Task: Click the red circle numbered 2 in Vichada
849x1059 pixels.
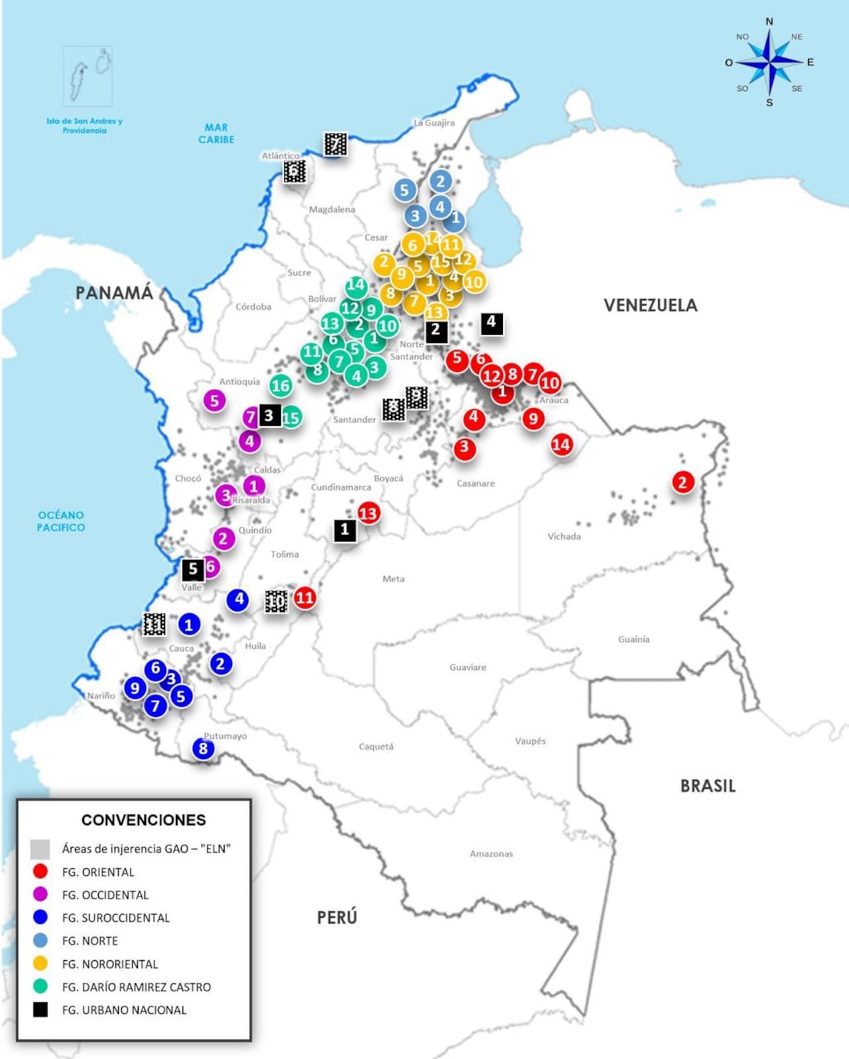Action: coord(683,482)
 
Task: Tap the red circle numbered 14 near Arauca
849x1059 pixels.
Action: coord(561,444)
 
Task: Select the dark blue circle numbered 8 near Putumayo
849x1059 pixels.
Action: coord(203,749)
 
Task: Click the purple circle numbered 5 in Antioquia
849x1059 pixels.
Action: coord(214,401)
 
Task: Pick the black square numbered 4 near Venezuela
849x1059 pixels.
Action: coord(491,323)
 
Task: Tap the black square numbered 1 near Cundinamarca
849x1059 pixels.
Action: coord(345,530)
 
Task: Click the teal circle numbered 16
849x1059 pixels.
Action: coord(281,385)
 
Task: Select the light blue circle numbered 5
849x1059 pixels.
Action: coord(405,190)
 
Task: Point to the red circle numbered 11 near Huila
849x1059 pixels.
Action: coord(304,597)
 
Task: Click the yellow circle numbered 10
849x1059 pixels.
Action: coord(474,282)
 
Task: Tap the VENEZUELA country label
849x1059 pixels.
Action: coord(650,305)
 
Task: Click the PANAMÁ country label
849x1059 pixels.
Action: coord(114,292)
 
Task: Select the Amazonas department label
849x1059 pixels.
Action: coord(491,853)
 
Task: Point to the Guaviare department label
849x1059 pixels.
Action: coord(468,667)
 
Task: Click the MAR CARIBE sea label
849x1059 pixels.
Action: coord(216,133)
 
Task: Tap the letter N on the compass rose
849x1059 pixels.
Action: coord(769,21)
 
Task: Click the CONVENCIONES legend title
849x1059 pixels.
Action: coord(143,820)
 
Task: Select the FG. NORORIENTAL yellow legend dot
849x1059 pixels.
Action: coord(40,964)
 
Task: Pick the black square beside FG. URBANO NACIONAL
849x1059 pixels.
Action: coord(40,1010)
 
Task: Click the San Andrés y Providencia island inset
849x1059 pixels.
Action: coord(88,76)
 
